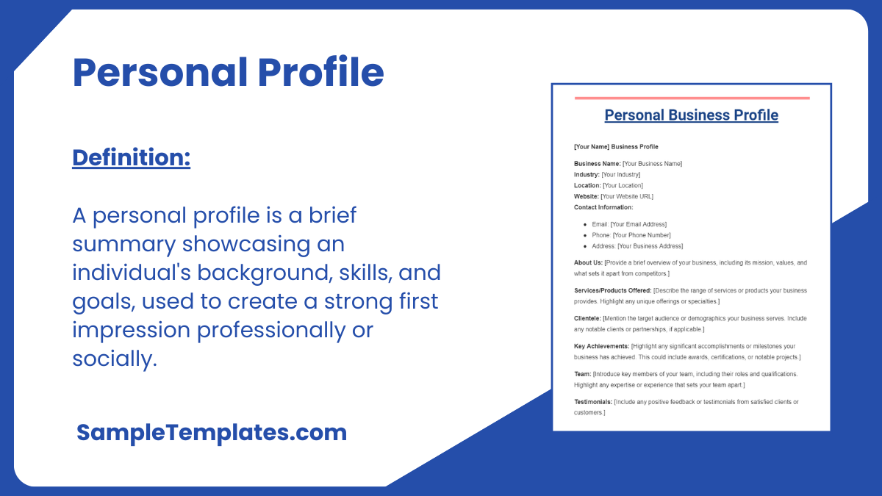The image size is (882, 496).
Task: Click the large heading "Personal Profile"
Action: click(x=228, y=73)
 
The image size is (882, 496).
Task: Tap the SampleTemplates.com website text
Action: click(x=212, y=432)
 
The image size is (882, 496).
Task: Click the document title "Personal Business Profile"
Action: click(x=691, y=115)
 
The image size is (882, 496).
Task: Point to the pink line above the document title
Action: click(x=691, y=98)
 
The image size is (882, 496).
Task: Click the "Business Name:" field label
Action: click(x=597, y=163)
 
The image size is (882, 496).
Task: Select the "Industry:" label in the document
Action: click(x=587, y=174)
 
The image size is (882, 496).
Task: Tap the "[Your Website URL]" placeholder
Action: click(x=627, y=196)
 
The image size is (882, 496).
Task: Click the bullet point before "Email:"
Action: click(x=584, y=224)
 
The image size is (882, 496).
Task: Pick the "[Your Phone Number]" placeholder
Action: click(x=642, y=235)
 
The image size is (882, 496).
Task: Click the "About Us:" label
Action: click(x=588, y=262)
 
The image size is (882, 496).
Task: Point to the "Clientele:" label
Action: click(x=587, y=318)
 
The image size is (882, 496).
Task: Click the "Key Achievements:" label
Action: click(x=601, y=346)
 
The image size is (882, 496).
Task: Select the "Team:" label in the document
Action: click(x=582, y=374)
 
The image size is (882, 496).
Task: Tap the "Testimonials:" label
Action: click(x=592, y=402)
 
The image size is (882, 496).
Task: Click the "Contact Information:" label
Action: click(x=603, y=207)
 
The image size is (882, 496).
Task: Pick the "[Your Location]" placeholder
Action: click(x=623, y=185)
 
